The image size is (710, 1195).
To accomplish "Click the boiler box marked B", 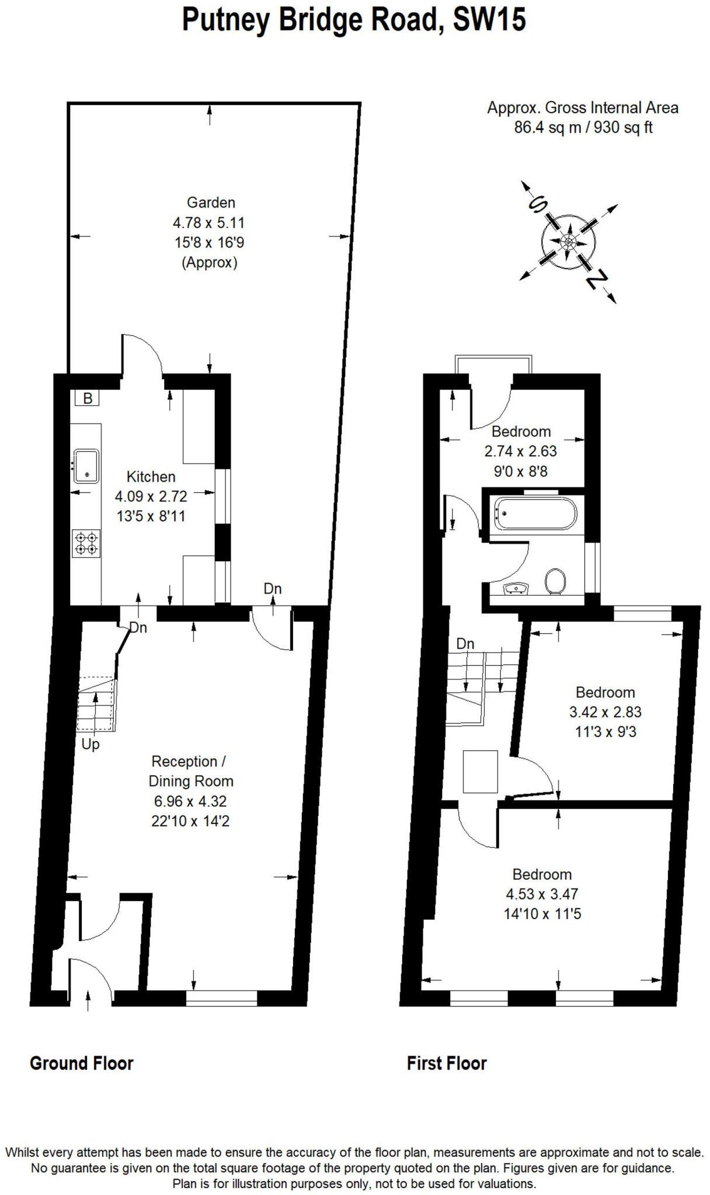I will click(88, 399).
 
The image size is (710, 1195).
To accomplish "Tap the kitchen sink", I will click(86, 466).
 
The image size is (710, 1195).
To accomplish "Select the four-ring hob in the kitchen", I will click(86, 543).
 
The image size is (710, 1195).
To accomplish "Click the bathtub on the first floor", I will click(535, 513).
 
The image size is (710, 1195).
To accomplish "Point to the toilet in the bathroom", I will click(555, 581).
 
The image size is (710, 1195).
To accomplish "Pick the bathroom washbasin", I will click(516, 588).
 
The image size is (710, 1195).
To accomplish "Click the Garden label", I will click(211, 202).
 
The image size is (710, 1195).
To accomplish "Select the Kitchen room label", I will click(151, 477).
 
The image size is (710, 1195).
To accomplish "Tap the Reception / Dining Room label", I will click(190, 771).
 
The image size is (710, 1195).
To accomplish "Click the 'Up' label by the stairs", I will click(91, 745).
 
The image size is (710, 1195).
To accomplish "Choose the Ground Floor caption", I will click(82, 1064).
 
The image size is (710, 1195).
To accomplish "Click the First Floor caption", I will click(447, 1064).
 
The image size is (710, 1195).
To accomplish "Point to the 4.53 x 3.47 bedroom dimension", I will click(542, 894).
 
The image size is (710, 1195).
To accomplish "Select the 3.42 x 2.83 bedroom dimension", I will click(605, 712).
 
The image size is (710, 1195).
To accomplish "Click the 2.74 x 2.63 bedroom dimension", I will click(520, 451).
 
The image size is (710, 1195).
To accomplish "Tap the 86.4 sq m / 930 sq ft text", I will click(583, 127).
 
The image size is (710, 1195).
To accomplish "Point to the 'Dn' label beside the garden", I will click(273, 589).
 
